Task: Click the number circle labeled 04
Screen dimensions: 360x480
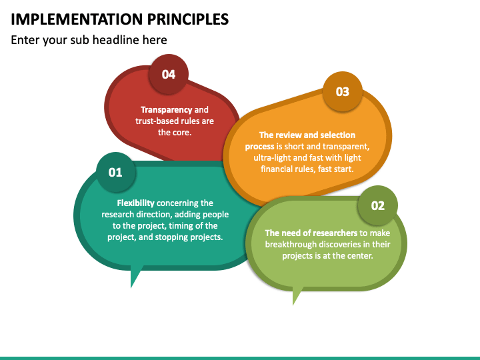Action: click(x=169, y=74)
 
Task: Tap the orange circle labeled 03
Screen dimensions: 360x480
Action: click(x=342, y=92)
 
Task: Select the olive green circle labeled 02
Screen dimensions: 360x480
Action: click(x=377, y=205)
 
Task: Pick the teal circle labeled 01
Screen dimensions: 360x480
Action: click(x=115, y=172)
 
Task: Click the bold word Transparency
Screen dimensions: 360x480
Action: click(x=166, y=110)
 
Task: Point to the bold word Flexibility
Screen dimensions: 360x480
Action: click(x=136, y=203)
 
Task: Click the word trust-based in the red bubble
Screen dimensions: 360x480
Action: click(x=160, y=121)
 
